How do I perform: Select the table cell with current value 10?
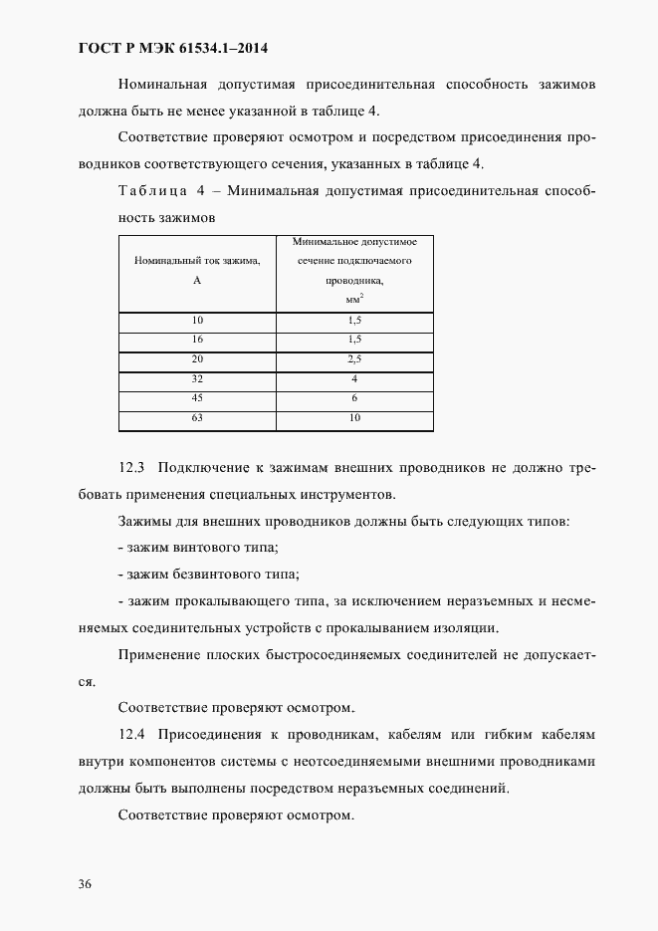pos(197,321)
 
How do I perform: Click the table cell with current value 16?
pos(197,340)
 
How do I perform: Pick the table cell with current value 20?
pos(197,359)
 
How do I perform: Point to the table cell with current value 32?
pos(197,379)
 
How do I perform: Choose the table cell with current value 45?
pos(197,399)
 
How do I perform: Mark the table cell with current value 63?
pos(197,418)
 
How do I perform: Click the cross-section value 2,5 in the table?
pos(354,359)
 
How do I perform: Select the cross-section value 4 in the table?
pos(354,379)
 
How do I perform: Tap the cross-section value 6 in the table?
pos(354,399)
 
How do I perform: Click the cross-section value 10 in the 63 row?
pos(354,418)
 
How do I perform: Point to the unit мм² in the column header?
pos(354,298)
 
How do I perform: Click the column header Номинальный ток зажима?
pos(197,262)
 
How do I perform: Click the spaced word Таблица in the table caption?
pos(153,190)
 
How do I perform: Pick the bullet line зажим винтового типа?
pos(197,548)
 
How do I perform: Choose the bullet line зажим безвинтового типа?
pos(208,575)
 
